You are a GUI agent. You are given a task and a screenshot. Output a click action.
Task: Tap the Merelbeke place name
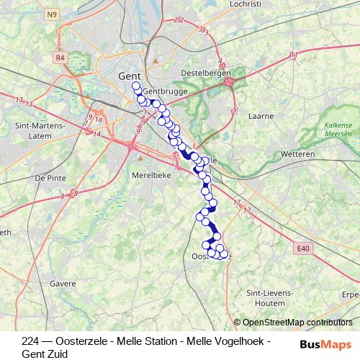click(150, 174)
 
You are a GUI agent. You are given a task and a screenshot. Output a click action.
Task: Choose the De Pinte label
click(50, 177)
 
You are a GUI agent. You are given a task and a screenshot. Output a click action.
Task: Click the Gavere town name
click(63, 284)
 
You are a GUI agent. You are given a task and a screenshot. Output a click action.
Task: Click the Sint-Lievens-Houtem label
click(269, 298)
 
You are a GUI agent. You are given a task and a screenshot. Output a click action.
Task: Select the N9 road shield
click(50, 14)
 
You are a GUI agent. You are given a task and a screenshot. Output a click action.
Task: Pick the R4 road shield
click(59, 57)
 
